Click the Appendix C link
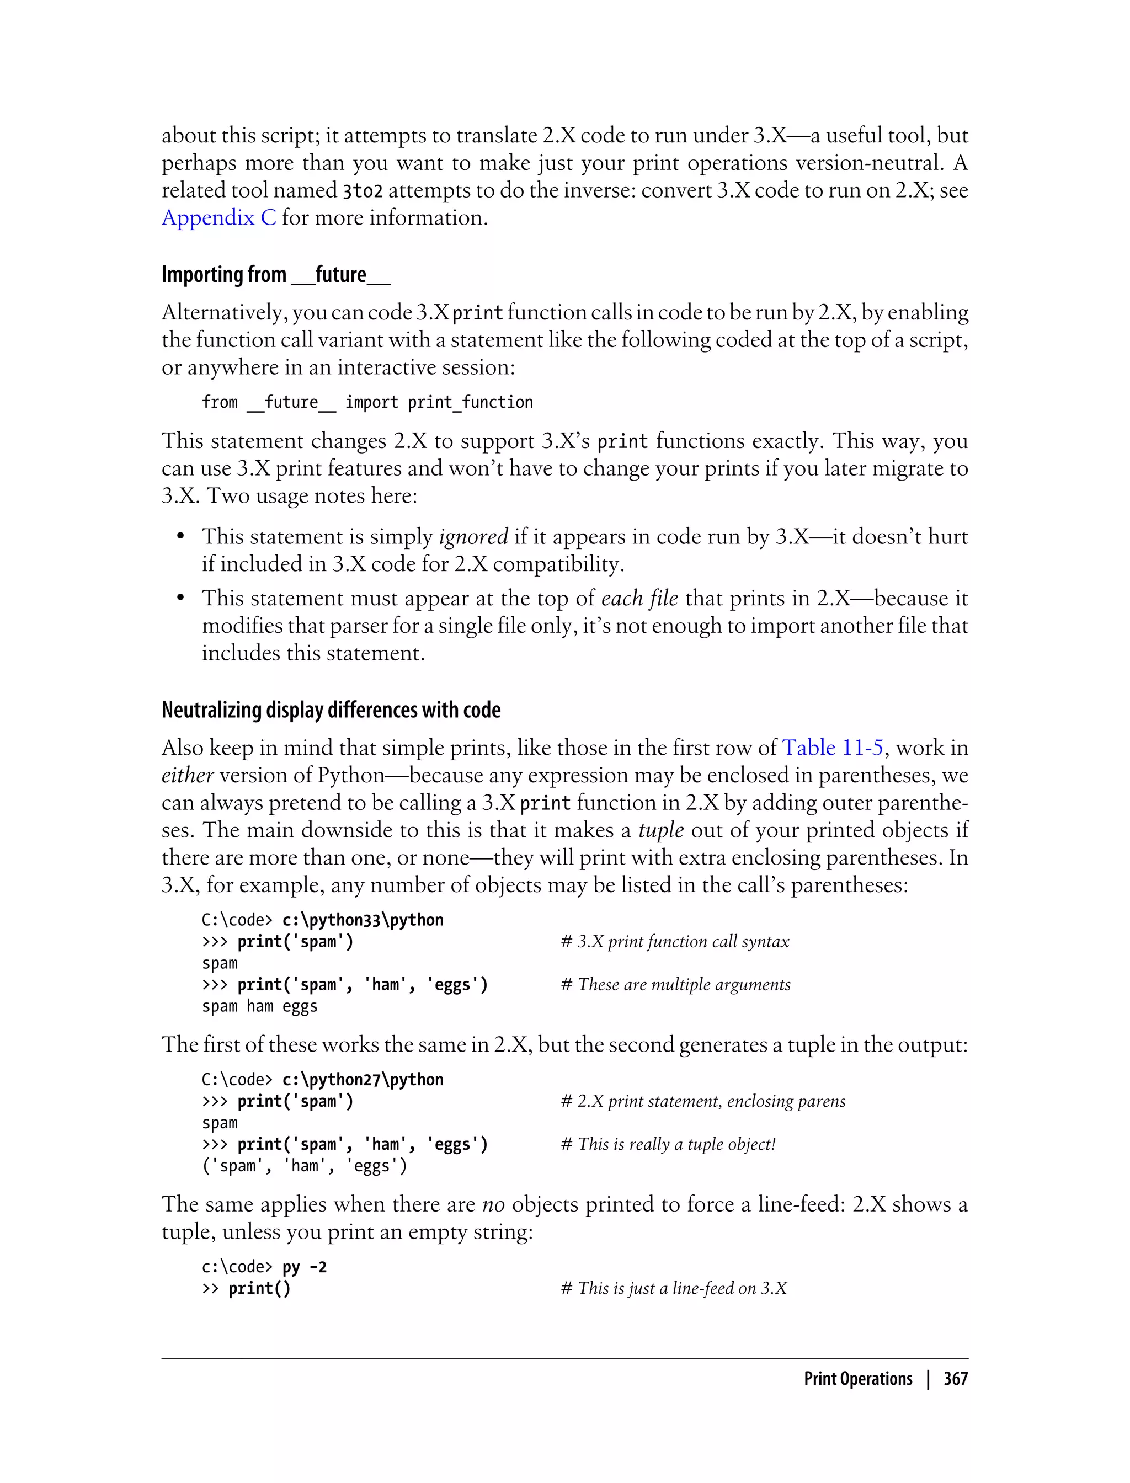218,218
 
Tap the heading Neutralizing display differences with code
331,710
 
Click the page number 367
955,1379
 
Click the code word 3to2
363,191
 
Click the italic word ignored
473,537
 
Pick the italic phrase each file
639,599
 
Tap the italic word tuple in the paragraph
660,830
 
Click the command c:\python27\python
363,1080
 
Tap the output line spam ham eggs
260,1006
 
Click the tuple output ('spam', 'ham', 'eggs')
304,1166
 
